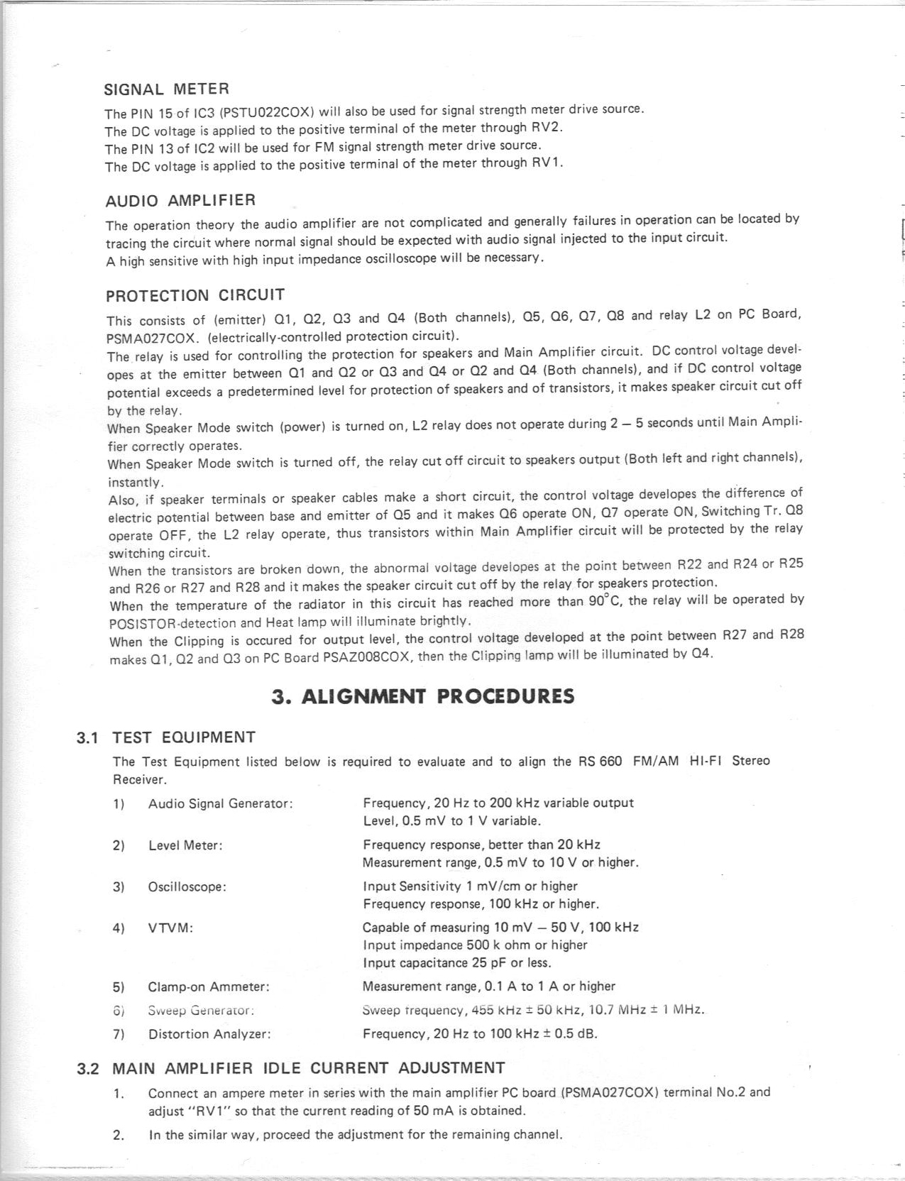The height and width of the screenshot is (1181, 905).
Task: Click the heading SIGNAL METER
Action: [167, 89]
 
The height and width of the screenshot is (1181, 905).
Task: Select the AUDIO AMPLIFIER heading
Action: [180, 201]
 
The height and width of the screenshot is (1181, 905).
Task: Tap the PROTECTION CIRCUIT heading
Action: [195, 295]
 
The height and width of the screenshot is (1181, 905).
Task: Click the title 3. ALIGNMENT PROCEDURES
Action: [423, 696]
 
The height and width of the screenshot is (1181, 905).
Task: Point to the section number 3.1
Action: [87, 737]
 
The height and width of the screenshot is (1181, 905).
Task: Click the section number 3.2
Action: [87, 1069]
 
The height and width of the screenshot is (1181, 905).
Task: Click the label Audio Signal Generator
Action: [220, 804]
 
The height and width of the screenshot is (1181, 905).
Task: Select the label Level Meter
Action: [185, 845]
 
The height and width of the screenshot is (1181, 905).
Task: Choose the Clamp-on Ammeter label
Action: [209, 987]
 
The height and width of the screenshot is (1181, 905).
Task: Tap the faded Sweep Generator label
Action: [201, 1010]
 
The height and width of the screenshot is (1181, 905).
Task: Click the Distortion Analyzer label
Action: [209, 1034]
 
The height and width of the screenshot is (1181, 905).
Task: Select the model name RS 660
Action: [600, 762]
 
